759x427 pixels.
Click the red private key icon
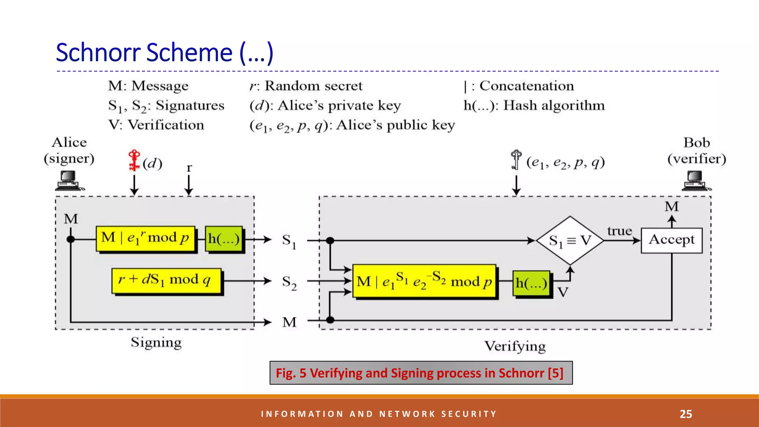click(x=134, y=160)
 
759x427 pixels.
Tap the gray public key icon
click(x=516, y=160)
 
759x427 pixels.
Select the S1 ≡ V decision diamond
click(x=570, y=241)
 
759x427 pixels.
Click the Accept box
click(x=672, y=240)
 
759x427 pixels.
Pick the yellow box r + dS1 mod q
click(x=166, y=281)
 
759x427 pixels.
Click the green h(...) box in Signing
click(x=224, y=239)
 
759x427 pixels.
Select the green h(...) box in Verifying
click(x=531, y=284)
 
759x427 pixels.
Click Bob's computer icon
click(x=696, y=181)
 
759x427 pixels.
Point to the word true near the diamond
click(x=619, y=231)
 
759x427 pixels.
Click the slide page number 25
click(x=686, y=414)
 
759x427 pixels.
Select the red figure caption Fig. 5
click(x=421, y=373)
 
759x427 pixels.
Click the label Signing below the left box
click(x=156, y=342)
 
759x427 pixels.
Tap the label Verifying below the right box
click(x=515, y=346)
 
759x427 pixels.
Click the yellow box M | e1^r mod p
click(x=145, y=238)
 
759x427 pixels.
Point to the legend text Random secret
click(x=313, y=86)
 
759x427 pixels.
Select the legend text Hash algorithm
click(x=554, y=106)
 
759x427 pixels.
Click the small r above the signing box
click(x=189, y=168)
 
